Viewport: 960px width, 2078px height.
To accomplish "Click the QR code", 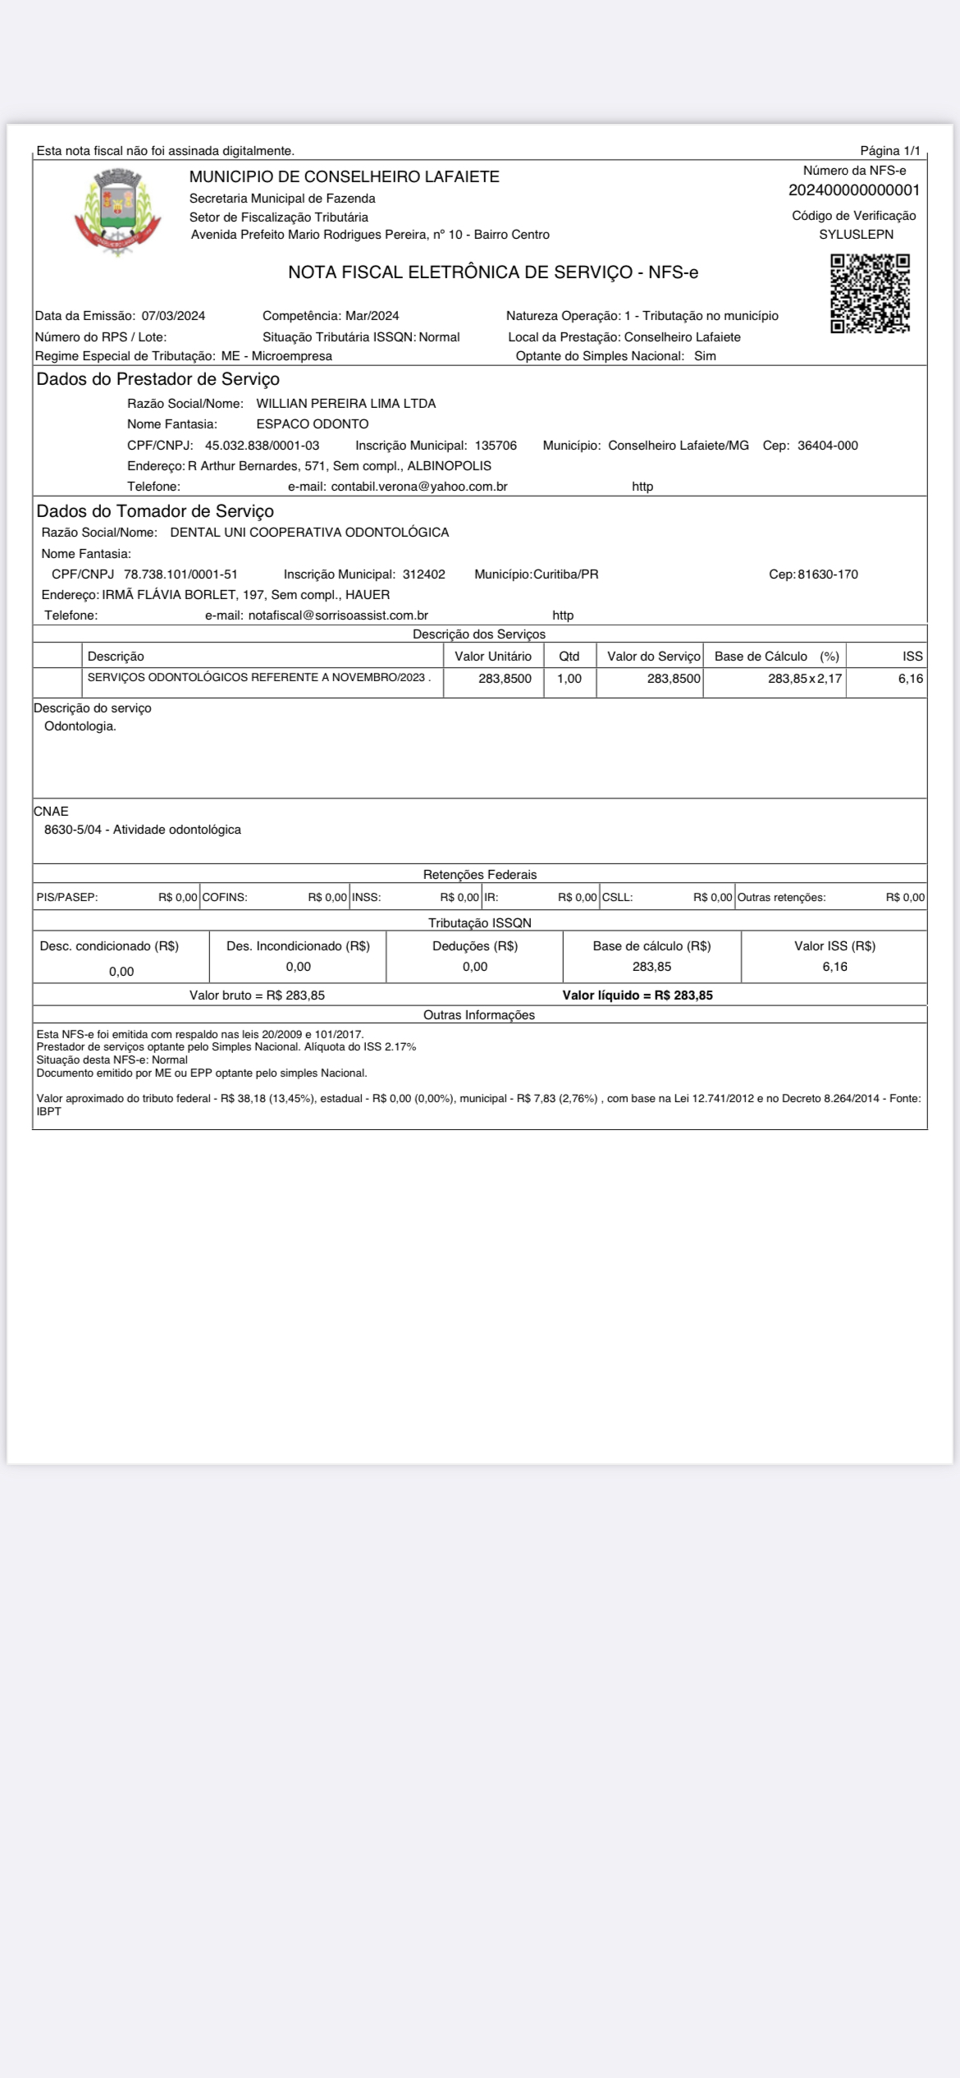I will coord(870,293).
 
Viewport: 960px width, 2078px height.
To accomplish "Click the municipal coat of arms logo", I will coord(117,212).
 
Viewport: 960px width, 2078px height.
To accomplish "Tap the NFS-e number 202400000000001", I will coord(854,190).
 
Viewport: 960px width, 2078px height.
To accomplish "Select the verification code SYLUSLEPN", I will coord(856,234).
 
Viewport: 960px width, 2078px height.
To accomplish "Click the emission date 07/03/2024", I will coord(173,316).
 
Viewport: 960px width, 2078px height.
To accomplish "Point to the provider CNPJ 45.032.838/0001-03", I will coord(262,446).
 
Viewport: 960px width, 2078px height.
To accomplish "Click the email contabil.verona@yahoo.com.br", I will coord(418,487).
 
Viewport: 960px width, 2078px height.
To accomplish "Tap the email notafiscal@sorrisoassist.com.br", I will coord(338,616).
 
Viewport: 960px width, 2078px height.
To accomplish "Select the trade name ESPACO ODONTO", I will coord(312,424).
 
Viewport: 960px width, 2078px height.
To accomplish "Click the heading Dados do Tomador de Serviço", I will coord(155,511).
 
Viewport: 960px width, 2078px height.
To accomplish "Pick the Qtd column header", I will coord(569,657).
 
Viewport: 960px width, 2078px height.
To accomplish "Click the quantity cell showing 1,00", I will coord(569,679).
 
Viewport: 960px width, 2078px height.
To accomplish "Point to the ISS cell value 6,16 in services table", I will coord(910,679).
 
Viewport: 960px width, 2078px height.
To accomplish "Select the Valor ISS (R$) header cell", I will coord(834,946).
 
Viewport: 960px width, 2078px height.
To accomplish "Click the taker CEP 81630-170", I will coord(827,574).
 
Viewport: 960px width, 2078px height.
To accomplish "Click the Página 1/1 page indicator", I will coord(889,151).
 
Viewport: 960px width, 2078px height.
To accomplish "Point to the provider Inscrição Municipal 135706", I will coord(496,446).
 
